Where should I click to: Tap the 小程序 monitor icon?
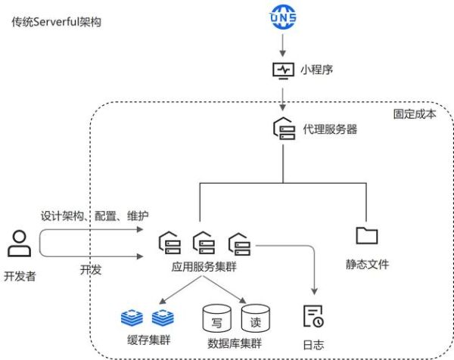[x=283, y=70]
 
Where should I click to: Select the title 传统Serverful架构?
[x=56, y=22]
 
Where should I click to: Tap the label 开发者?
[x=19, y=276]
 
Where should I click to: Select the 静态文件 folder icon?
[x=367, y=235]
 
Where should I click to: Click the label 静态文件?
[x=367, y=264]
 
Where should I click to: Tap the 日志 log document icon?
[x=313, y=316]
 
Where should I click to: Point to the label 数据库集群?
[x=235, y=343]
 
